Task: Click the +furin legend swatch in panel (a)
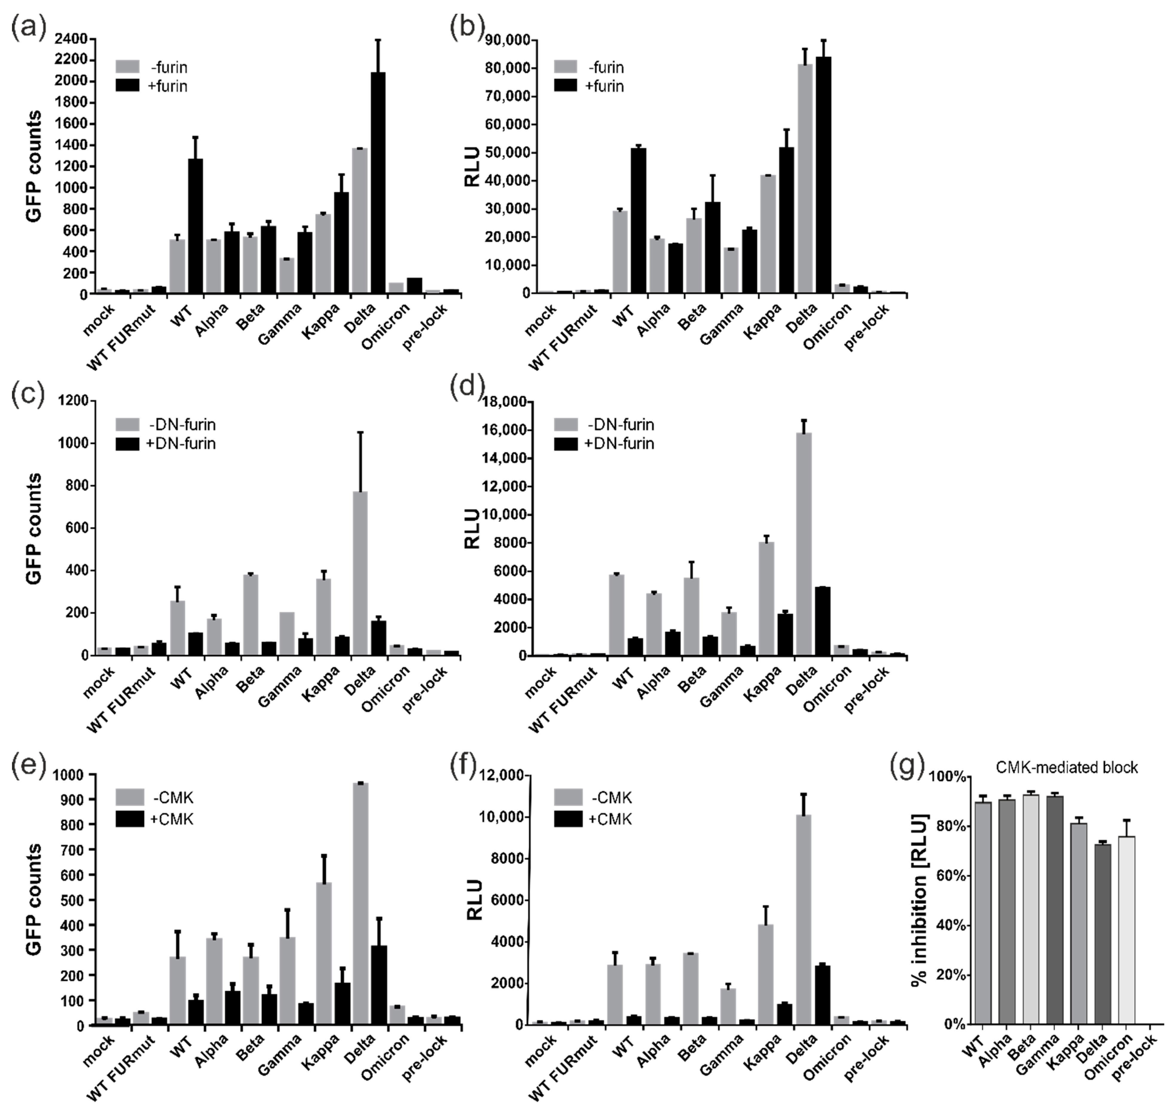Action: (x=127, y=86)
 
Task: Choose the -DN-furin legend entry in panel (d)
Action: (x=605, y=425)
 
